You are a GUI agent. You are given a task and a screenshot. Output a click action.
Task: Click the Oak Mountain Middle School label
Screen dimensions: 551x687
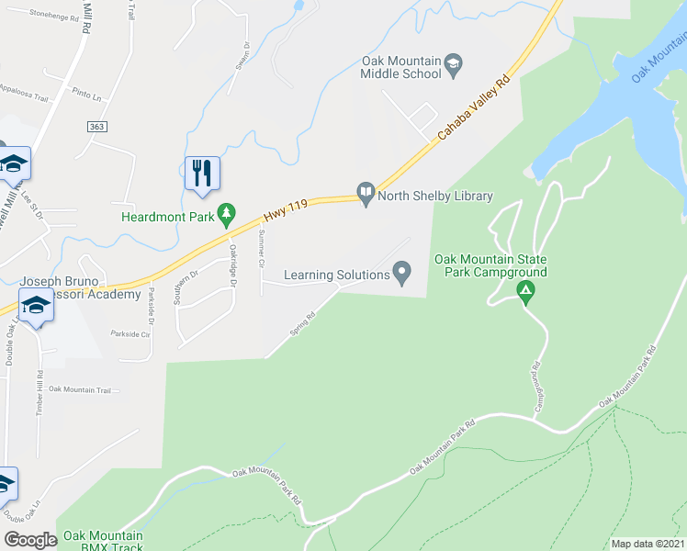[x=400, y=69]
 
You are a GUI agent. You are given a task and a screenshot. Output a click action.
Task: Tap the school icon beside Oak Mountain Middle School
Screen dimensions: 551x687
[x=453, y=63]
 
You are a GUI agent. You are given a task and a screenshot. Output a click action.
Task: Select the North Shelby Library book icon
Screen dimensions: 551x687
[x=366, y=195]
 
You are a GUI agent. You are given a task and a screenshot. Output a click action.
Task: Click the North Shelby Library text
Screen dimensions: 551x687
[x=437, y=196]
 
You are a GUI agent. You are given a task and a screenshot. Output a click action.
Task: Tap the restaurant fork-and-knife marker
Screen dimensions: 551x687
[x=202, y=173]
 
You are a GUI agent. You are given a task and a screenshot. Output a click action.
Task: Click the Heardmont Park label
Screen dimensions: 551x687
[x=168, y=217]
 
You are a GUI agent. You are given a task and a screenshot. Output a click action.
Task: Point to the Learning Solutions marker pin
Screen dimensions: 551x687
[x=401, y=273]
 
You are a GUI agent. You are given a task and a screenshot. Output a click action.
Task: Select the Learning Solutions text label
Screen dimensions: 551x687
[x=336, y=274]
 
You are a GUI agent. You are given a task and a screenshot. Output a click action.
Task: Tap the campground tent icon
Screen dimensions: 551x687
[x=526, y=294]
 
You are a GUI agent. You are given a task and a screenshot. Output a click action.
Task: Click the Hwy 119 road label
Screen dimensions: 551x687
[x=284, y=213]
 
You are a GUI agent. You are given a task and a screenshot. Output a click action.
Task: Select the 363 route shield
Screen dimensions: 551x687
[x=98, y=126]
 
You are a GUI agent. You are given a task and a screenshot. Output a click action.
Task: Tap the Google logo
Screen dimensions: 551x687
[x=31, y=540]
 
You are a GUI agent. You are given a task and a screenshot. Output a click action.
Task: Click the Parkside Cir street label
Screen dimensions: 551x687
[x=130, y=334]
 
